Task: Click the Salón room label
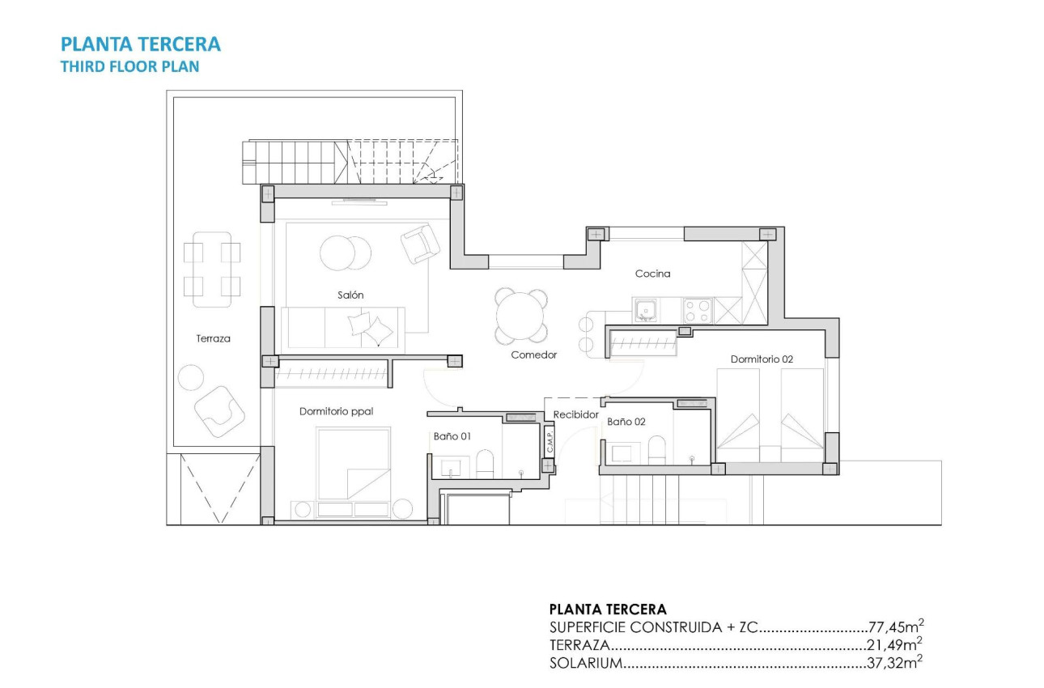point(350,295)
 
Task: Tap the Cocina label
point(652,274)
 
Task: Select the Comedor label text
point(533,355)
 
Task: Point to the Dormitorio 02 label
point(761,359)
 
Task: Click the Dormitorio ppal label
point(336,411)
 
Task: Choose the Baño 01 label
point(452,435)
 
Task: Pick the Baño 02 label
point(626,422)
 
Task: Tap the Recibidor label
point(575,414)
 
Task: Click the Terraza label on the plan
point(213,338)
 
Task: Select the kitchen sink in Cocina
point(646,308)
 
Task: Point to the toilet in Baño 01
point(485,465)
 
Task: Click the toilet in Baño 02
point(656,449)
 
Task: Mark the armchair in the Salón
point(420,243)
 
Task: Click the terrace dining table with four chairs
point(212,270)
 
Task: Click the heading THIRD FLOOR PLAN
point(129,67)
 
